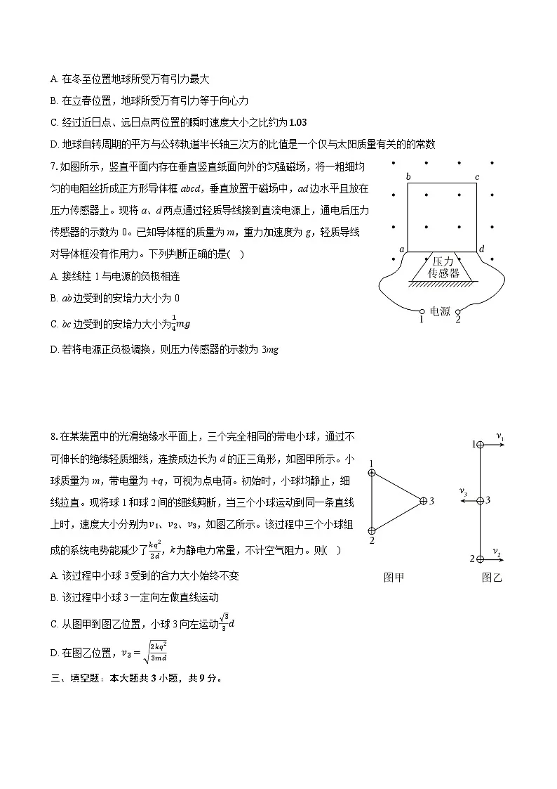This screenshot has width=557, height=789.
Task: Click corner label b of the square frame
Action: pos(408,176)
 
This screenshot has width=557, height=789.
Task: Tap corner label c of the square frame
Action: pos(477,176)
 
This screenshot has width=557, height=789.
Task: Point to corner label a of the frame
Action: pos(402,249)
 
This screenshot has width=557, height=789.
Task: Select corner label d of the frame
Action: pos(482,249)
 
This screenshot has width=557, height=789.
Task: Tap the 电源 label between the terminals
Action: pos(440,312)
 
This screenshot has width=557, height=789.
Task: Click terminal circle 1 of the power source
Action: pos(422,311)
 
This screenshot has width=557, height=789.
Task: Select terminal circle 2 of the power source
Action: pos(457,311)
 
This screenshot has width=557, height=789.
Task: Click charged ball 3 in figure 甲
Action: pos(423,501)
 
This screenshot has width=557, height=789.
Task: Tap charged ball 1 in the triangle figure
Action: pos(372,473)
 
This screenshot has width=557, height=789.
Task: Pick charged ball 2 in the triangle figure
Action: pos(372,530)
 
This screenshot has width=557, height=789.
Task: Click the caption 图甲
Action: pos(394,578)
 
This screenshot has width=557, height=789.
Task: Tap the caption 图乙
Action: pos(492,578)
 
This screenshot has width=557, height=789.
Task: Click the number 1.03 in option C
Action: pos(297,122)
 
